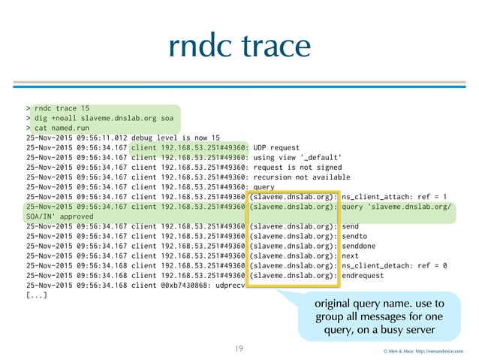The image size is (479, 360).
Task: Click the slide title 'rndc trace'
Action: [239, 46]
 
